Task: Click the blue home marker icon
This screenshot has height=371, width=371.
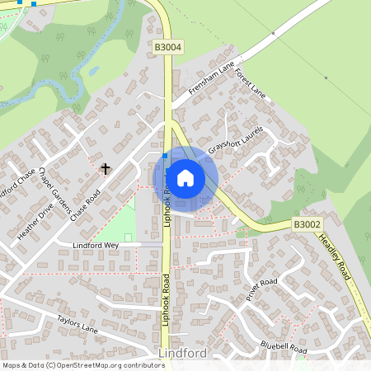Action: [185, 178]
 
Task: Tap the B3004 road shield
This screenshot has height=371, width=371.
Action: [167, 49]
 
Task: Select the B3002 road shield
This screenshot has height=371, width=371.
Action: [307, 224]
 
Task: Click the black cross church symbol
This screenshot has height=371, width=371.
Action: [106, 169]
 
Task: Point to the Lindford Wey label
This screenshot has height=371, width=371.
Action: [96, 246]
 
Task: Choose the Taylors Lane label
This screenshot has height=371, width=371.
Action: [77, 322]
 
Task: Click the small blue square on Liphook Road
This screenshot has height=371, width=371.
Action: [165, 155]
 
